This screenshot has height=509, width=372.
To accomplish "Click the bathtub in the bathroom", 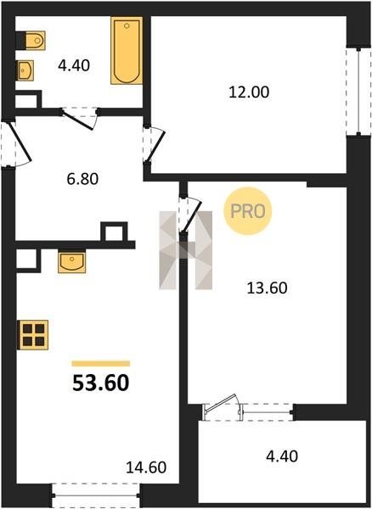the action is tap(127, 51).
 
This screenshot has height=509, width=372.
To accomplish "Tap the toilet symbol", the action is tap(31, 41).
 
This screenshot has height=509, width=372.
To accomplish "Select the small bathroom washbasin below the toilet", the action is tap(25, 70).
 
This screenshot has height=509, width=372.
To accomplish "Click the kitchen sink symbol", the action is tap(72, 261).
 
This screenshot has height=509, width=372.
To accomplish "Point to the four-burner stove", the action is tap(33, 335).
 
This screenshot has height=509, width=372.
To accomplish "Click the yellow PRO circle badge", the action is tap(248, 211).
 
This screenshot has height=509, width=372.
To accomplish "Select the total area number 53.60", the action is tap(101, 383).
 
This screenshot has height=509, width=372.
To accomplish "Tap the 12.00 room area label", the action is tap(249, 92).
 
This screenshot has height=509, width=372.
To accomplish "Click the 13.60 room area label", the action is tap(267, 288).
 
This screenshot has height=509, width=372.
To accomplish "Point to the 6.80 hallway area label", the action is tap(82, 179).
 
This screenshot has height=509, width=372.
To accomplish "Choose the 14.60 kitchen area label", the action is tap(146, 467).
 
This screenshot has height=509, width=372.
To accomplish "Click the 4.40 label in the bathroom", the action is tap(74, 65).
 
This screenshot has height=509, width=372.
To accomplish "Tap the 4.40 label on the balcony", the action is tap(282, 456).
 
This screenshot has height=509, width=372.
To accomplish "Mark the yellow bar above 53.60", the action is tap(101, 364).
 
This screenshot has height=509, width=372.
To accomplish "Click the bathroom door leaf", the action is tap(77, 120).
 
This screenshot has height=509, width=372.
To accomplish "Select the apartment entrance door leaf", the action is tap(20, 142).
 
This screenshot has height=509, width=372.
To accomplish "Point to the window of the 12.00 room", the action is tap(358, 91).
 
